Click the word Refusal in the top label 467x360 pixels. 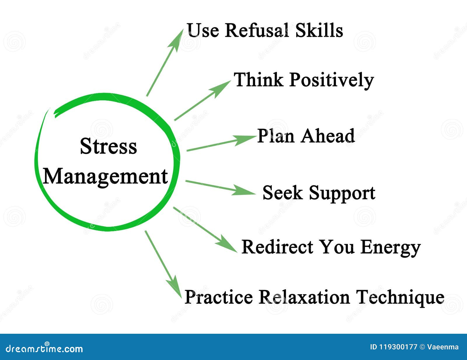(256, 30)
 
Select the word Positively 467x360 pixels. (331, 80)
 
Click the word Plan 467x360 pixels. (276, 136)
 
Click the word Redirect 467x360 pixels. (277, 247)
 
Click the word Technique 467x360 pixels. (400, 298)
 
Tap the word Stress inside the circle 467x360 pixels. (108, 146)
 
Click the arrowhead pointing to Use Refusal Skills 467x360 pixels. (178, 40)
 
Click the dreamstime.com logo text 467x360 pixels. (44, 348)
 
